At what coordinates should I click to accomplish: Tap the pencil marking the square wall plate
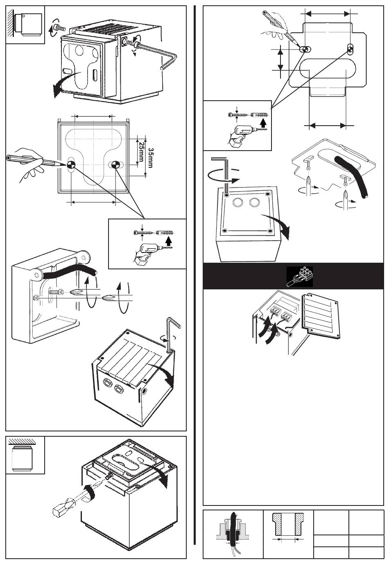click(x=35, y=160)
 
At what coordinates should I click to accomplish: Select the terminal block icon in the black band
click(x=300, y=276)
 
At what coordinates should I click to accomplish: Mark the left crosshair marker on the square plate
click(x=71, y=165)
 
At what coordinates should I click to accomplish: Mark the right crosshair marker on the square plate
click(x=116, y=165)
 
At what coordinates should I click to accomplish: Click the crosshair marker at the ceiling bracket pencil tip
click(x=305, y=50)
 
